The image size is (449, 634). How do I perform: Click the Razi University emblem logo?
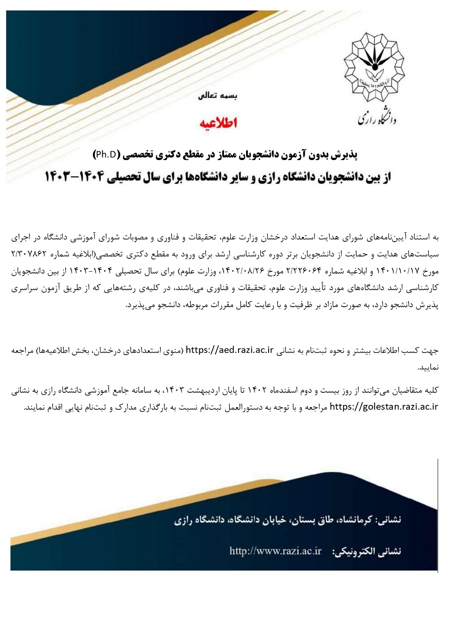tap(374, 68)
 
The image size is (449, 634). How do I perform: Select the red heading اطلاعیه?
tap(218, 122)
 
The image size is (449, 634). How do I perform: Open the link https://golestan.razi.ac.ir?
tap(383, 407)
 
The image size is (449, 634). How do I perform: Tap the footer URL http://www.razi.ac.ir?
tap(275, 551)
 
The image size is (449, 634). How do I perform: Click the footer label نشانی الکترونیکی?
tap(366, 551)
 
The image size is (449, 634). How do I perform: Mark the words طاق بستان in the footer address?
tap(306, 520)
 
